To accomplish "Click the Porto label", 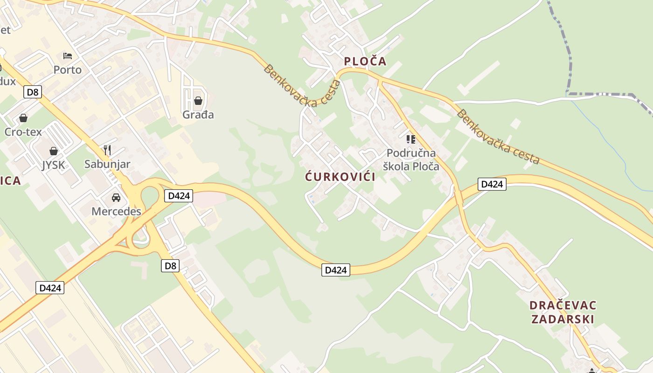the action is tap(67, 70).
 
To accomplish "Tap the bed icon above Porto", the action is tap(68, 56).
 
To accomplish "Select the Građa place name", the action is tap(198, 114).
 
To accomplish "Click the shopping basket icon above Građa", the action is tap(198, 101).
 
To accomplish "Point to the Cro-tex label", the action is tap(23, 132).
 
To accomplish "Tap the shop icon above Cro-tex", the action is tap(23, 118).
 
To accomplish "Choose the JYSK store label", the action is tap(54, 165).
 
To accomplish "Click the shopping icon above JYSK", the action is tap(54, 151).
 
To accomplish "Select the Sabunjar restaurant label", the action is tap(107, 164).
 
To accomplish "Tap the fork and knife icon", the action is tap(107, 150).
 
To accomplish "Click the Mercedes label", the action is tap(116, 211).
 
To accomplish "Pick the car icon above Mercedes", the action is tap(116, 198).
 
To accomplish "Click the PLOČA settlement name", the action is tap(365, 61).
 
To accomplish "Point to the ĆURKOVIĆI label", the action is tap(340, 177).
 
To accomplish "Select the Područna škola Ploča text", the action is tap(411, 159).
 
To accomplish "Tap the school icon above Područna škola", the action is tap(411, 139).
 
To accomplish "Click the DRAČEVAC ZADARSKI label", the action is tap(563, 312).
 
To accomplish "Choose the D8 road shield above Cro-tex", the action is tap(33, 92).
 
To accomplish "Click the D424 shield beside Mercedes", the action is tap(178, 196).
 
